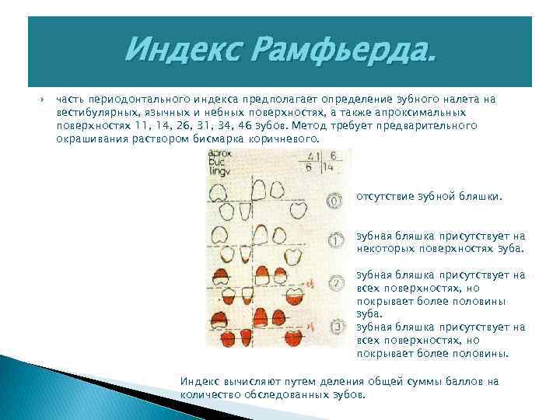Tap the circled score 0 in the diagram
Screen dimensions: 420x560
335,200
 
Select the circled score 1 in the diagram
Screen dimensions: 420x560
335,241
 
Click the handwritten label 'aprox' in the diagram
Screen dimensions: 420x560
220,156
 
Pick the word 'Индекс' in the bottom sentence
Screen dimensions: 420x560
198,381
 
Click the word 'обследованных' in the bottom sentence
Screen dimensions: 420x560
281,394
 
